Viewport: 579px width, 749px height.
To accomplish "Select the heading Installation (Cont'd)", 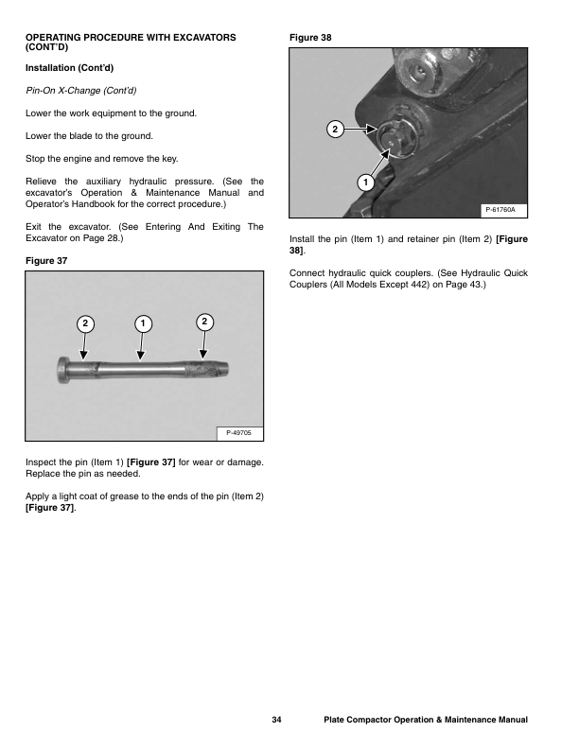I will click(x=70, y=68).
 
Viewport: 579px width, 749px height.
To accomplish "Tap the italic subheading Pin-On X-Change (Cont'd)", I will click(x=80, y=91).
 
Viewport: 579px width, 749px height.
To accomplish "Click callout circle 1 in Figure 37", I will click(x=141, y=323).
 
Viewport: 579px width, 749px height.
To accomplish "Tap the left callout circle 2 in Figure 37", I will click(x=85, y=323).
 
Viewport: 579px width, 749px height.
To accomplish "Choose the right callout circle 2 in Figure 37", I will click(x=204, y=322).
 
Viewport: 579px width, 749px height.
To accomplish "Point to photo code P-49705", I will click(x=239, y=432).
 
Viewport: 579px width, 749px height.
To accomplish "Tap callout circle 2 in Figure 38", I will click(x=333, y=128).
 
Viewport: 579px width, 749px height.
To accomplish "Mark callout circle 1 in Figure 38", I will click(x=364, y=180).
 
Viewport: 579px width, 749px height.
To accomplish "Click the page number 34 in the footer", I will click(x=276, y=721).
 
